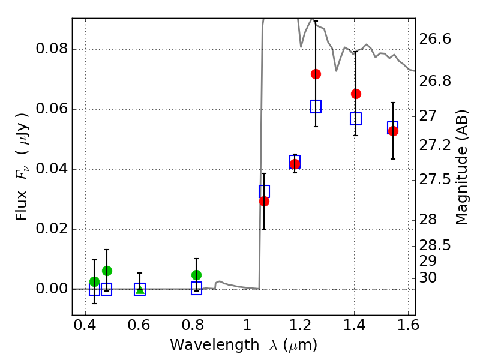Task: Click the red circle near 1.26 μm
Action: coord(316,74)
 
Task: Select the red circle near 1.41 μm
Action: coord(356,94)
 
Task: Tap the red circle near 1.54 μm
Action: coord(393,131)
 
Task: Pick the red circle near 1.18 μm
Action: coord(295,164)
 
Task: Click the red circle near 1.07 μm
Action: coord(264,201)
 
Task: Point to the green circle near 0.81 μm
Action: coord(196,275)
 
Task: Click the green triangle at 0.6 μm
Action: coord(140,290)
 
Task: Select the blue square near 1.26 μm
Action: coord(316,107)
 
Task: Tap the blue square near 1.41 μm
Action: coord(356,119)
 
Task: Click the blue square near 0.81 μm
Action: coord(196,289)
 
